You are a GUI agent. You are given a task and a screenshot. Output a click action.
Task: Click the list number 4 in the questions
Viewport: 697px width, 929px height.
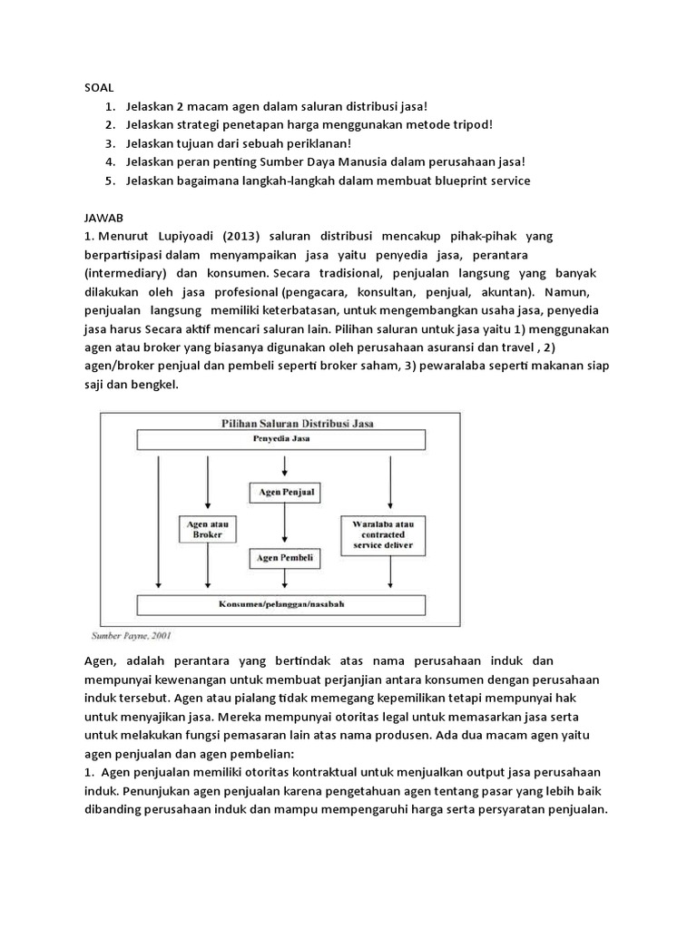click(108, 161)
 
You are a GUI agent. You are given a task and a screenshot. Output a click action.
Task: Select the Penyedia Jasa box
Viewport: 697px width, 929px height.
click(282, 439)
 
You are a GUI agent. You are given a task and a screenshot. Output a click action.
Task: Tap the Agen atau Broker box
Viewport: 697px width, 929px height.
click(209, 530)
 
